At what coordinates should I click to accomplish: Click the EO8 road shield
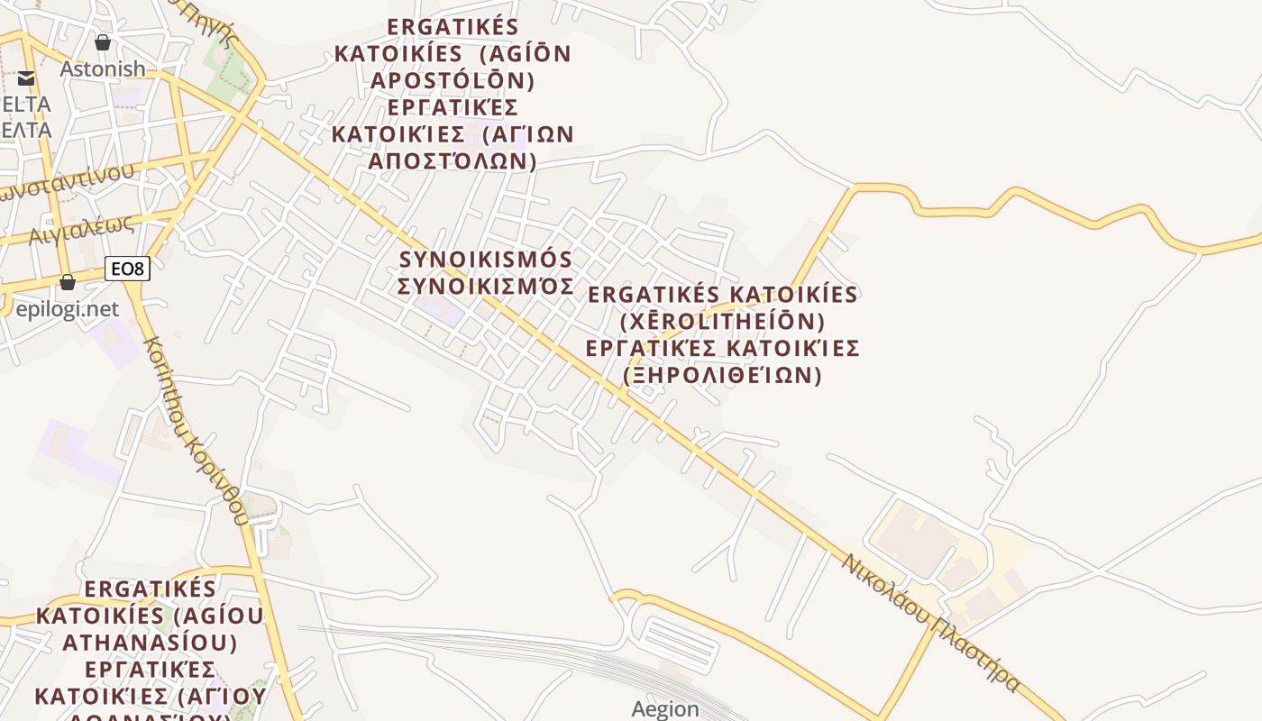[x=127, y=268]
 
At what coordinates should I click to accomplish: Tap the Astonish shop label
[x=102, y=68]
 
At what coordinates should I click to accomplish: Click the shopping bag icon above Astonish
[x=103, y=42]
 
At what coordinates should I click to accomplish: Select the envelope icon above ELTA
[x=26, y=78]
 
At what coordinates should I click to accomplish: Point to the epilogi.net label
[x=67, y=309]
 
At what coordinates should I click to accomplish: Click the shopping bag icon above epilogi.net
[x=68, y=283]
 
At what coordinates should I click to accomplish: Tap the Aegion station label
[x=665, y=708]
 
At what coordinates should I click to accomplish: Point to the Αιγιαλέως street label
[x=81, y=231]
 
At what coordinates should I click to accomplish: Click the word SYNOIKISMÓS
[x=486, y=260]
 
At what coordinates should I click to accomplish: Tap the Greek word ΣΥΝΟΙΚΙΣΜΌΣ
[x=486, y=286]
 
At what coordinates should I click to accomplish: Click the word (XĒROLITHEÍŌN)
[x=722, y=321]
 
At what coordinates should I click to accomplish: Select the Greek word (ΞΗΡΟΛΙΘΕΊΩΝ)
[x=722, y=375]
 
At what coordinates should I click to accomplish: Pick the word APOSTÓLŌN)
[x=453, y=81]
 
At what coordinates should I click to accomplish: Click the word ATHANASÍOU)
[x=150, y=643]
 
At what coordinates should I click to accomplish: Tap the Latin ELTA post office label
[x=27, y=104]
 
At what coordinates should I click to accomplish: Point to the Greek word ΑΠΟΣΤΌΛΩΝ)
[x=453, y=161]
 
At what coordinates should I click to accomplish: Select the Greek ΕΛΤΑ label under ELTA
[x=27, y=130]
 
